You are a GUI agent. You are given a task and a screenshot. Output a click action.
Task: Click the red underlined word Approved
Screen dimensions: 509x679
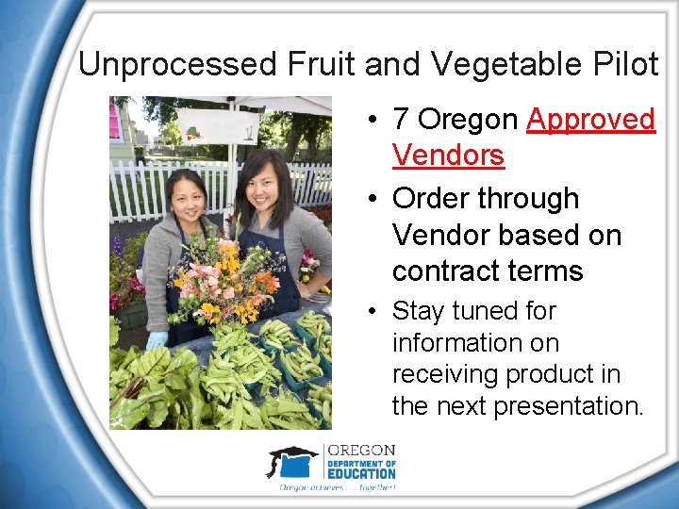click(590, 120)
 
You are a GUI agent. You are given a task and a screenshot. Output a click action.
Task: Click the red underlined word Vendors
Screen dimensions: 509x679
click(448, 156)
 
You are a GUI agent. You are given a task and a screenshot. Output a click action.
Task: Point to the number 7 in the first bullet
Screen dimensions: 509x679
click(401, 120)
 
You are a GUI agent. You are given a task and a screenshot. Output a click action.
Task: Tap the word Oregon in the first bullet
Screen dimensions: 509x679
click(468, 120)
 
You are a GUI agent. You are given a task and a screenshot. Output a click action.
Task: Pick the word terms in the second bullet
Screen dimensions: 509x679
click(546, 271)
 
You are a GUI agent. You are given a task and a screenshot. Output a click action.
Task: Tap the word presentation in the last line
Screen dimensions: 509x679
click(571, 406)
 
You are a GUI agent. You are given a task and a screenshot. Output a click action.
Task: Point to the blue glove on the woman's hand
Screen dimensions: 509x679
click(157, 339)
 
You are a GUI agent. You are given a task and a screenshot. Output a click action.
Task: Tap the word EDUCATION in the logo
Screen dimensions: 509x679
click(361, 473)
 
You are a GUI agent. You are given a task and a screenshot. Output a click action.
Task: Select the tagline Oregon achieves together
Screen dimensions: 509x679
click(337, 487)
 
